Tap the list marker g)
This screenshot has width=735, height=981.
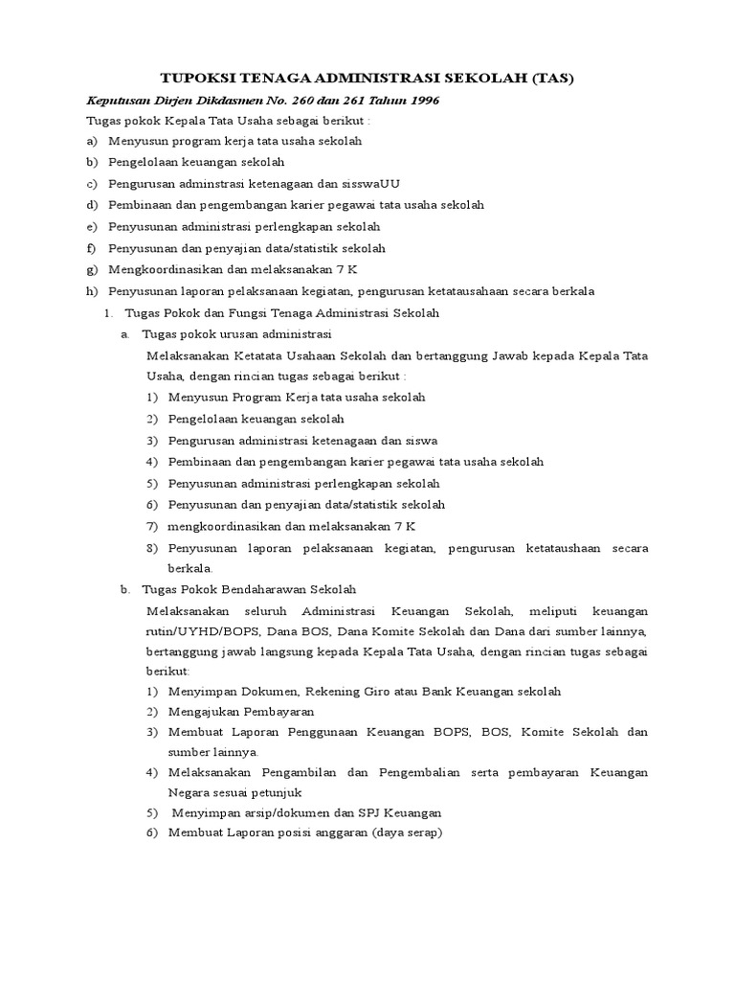(x=92, y=269)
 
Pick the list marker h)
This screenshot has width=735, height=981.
(x=92, y=290)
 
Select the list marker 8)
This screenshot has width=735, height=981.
(x=152, y=547)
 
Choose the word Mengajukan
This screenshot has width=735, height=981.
(x=205, y=712)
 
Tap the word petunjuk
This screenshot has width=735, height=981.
(x=278, y=792)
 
